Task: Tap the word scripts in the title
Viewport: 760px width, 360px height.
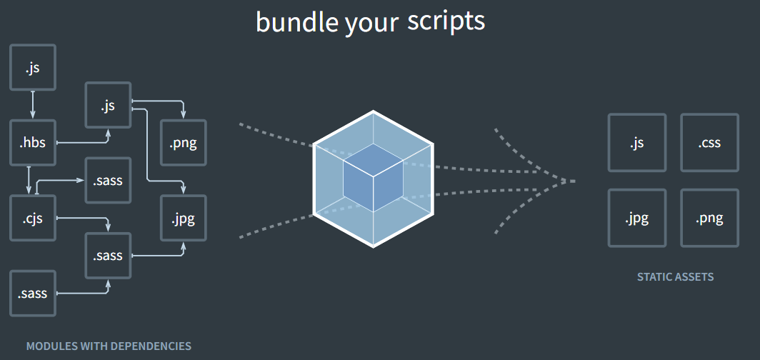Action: [x=446, y=21]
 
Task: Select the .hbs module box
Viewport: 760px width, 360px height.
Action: [x=33, y=143]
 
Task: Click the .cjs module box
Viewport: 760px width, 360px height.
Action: [x=33, y=218]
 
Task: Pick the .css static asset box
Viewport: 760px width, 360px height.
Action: [x=709, y=143]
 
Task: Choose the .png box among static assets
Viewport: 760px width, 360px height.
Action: [x=709, y=218]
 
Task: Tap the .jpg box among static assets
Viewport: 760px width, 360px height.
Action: [x=636, y=218]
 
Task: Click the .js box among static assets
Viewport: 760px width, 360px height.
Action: [x=636, y=143]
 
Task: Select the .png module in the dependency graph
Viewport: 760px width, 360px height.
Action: [x=184, y=143]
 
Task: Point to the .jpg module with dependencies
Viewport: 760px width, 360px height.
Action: [x=184, y=218]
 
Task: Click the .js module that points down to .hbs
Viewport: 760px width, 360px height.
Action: [x=33, y=69]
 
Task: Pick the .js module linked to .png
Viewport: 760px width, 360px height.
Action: [x=108, y=106]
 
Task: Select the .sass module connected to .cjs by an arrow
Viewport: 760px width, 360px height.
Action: [x=108, y=180]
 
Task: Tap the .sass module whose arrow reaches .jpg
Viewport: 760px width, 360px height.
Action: [x=108, y=255]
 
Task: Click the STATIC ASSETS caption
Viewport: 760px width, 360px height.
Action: [x=675, y=276]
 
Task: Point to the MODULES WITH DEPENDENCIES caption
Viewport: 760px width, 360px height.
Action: [x=109, y=346]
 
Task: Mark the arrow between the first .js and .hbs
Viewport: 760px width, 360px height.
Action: [x=33, y=104]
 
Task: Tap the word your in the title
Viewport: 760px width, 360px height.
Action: [x=371, y=24]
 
